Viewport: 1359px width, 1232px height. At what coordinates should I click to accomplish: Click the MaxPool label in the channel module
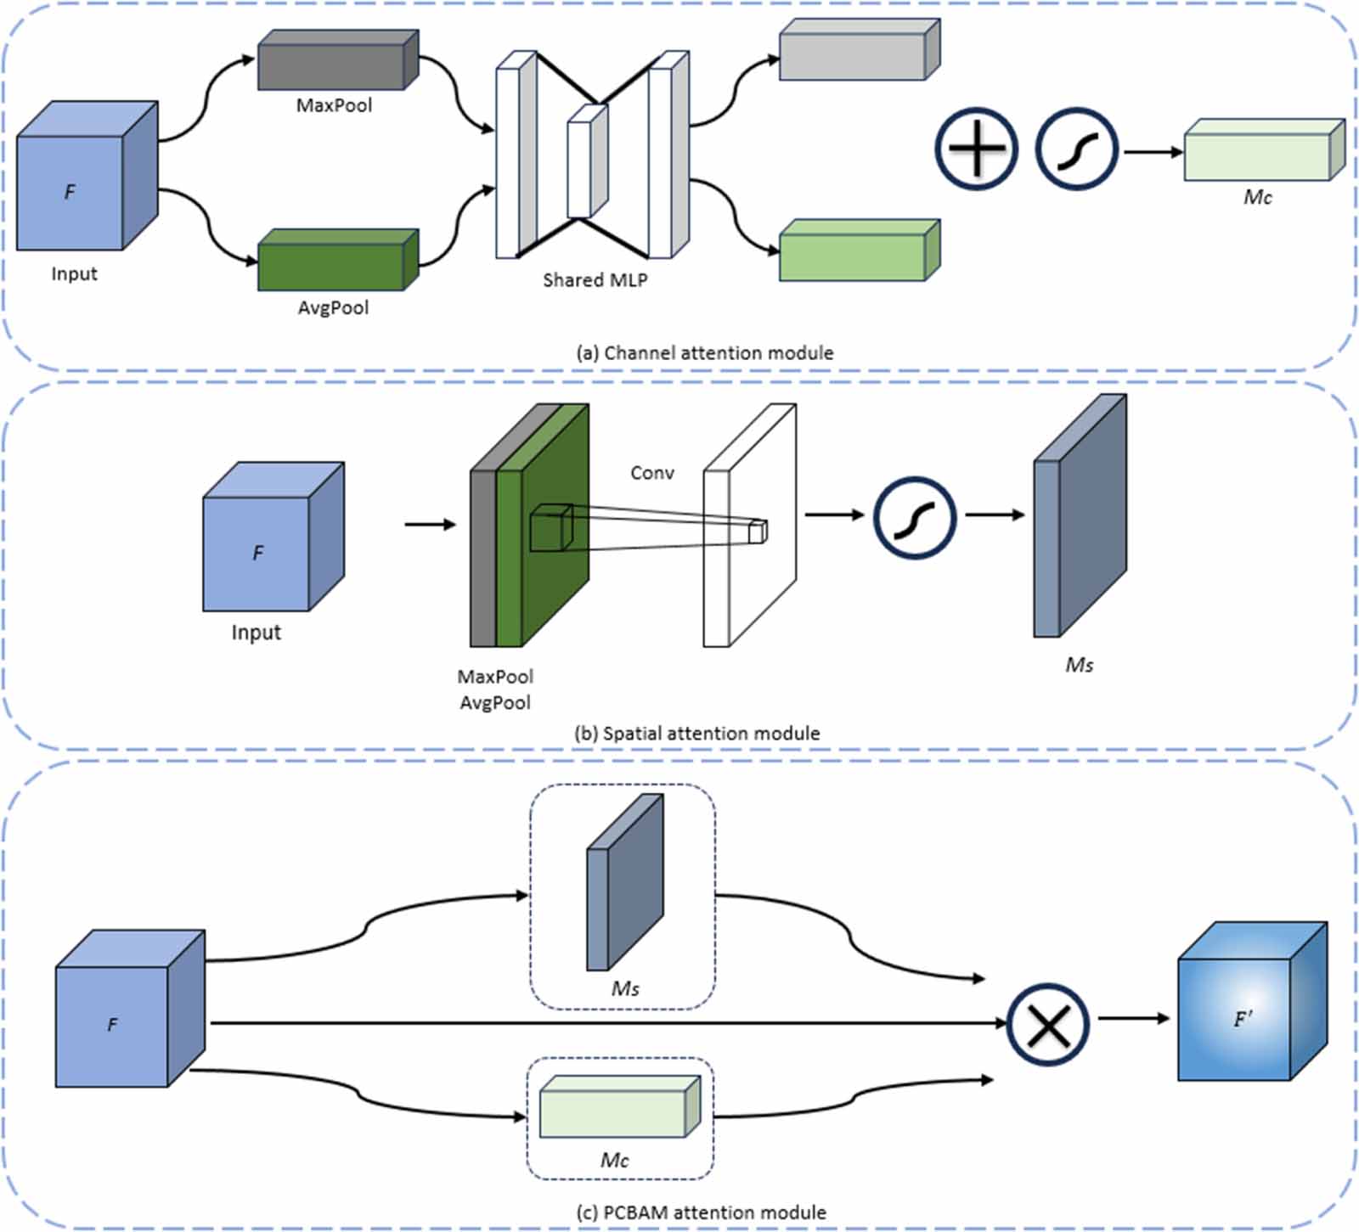click(334, 105)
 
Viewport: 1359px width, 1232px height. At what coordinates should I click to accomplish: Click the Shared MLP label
click(595, 280)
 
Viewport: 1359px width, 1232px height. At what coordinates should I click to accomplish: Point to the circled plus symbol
click(976, 149)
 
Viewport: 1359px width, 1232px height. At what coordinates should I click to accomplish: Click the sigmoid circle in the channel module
click(1076, 149)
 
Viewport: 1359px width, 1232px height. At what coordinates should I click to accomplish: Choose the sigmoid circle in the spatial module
click(915, 518)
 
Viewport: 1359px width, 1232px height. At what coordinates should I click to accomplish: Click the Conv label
click(652, 473)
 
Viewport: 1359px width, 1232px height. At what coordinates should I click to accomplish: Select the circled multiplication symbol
click(1048, 1024)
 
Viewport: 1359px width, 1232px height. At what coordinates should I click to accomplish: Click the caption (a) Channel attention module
click(705, 353)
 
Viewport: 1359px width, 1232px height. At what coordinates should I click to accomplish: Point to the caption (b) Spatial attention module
click(697, 734)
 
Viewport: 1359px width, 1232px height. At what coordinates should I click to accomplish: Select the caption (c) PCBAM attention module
click(701, 1212)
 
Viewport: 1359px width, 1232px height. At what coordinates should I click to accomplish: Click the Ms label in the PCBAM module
click(625, 988)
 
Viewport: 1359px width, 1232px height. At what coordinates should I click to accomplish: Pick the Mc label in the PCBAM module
click(614, 1160)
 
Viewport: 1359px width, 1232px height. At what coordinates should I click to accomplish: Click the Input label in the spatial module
click(256, 633)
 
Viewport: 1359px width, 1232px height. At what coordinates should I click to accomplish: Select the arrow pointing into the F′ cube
click(1134, 1018)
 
